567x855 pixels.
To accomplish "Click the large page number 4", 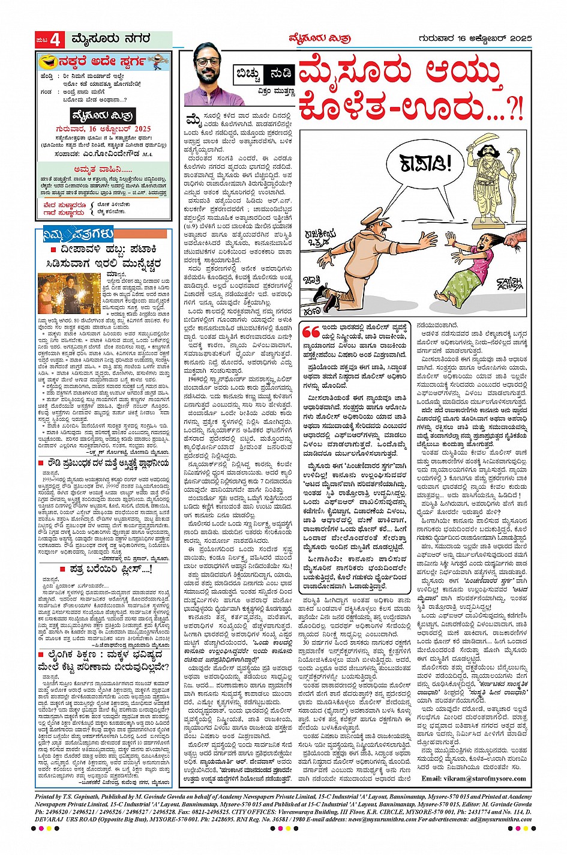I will (56, 40).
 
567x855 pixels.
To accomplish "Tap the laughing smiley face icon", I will (44, 61).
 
